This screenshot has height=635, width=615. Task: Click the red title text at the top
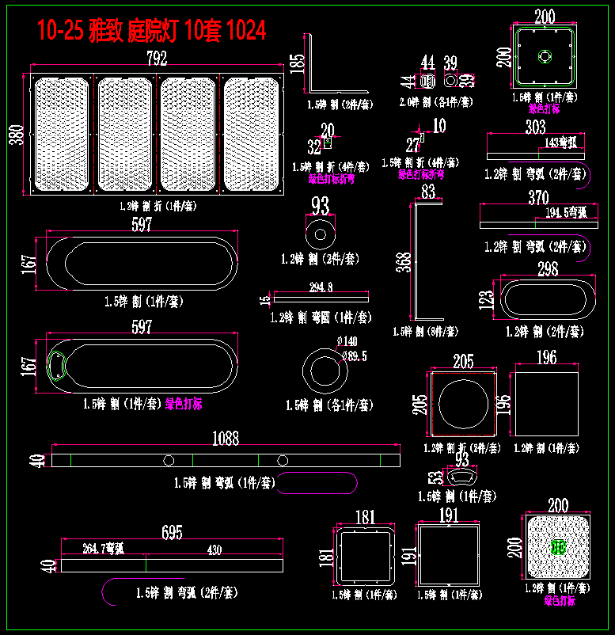tap(151, 30)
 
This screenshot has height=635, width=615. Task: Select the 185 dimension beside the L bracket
tap(297, 63)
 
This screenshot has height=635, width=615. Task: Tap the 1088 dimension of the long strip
tap(226, 439)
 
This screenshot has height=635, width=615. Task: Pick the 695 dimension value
tap(172, 531)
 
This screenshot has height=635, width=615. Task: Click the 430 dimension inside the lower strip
tap(214, 549)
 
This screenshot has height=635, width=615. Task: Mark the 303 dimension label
tap(536, 127)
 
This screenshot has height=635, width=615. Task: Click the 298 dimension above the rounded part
tap(548, 269)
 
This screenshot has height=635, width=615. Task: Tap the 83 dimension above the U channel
tap(428, 192)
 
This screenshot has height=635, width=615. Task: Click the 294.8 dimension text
tap(320, 287)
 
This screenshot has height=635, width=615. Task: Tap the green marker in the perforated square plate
tap(559, 546)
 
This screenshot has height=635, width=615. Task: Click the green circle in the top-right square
tap(545, 57)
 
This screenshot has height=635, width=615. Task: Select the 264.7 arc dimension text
tap(103, 549)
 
